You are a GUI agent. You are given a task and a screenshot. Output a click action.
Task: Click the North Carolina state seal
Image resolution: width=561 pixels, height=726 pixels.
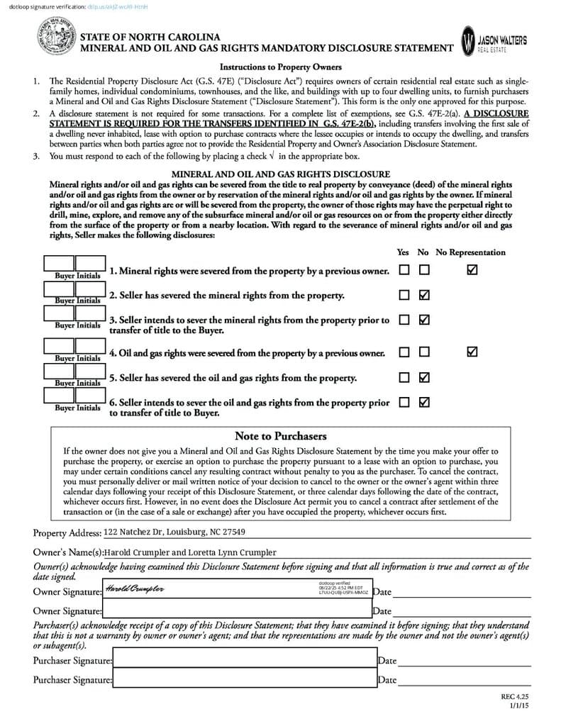[56, 38]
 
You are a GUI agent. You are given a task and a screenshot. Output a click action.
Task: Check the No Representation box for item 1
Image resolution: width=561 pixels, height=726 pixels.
[472, 270]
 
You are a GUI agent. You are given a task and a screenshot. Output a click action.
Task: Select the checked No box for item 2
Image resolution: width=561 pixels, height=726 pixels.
[424, 295]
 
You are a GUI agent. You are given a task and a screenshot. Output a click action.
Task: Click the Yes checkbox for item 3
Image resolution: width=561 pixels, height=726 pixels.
[404, 320]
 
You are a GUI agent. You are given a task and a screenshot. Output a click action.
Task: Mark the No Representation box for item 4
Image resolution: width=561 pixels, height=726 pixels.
[472, 352]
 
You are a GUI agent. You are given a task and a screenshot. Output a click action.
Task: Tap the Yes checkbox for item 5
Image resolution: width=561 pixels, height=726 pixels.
[404, 377]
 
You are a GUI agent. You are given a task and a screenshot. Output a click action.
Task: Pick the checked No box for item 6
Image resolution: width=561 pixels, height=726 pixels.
[424, 402]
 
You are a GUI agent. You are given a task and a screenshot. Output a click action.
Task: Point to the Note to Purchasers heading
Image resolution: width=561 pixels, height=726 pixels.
[280, 436]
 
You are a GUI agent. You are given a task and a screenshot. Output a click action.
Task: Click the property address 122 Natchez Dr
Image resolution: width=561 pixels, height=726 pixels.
[174, 532]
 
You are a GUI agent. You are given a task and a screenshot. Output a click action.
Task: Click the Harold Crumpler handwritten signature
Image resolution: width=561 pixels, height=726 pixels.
[135, 590]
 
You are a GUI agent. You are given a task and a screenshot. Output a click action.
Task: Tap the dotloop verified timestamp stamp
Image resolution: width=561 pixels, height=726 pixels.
[340, 588]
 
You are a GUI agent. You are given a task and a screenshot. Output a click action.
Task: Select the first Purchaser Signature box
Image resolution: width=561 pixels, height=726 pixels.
[244, 660]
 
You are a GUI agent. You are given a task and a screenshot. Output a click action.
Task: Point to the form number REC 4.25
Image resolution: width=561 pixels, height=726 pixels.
[516, 698]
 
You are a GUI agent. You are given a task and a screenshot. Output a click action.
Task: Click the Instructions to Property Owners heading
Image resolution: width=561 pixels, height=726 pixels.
[281, 67]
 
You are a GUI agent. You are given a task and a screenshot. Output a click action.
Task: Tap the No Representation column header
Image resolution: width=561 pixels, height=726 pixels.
[470, 252]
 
